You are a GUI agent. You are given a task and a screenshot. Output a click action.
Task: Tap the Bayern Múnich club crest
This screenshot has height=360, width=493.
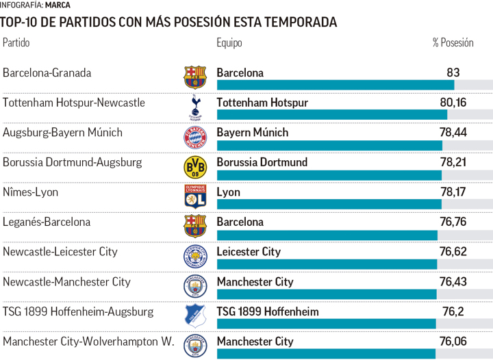click(x=195, y=137)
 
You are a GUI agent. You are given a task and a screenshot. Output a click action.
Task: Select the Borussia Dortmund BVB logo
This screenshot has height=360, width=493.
click(x=195, y=167)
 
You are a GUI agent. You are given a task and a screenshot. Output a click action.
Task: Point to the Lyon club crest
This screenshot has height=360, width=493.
click(x=195, y=196)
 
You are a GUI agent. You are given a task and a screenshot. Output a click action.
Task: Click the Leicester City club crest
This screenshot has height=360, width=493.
click(x=195, y=256)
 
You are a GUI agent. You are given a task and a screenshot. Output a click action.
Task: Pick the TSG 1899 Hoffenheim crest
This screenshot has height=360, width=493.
click(x=195, y=316)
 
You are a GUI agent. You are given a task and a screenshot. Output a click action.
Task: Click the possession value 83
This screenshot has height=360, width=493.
click(x=453, y=73)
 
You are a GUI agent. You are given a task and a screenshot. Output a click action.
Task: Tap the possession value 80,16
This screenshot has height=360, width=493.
click(x=453, y=103)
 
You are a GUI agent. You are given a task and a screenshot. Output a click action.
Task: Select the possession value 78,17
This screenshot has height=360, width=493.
click(x=453, y=192)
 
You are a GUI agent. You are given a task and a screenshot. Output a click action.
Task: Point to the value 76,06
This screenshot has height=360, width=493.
click(x=453, y=342)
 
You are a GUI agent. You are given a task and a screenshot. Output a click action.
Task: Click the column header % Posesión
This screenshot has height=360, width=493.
click(x=453, y=42)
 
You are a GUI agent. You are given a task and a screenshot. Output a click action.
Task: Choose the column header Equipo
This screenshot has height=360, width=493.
click(x=229, y=42)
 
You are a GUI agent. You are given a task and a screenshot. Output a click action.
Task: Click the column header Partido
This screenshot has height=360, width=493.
click(x=16, y=42)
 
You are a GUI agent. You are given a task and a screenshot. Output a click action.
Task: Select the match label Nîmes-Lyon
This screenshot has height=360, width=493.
click(x=30, y=192)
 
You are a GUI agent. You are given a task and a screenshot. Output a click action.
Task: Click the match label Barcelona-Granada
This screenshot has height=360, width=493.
click(x=47, y=73)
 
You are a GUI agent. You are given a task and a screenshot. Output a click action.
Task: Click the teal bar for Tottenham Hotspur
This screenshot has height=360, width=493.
click(x=331, y=115)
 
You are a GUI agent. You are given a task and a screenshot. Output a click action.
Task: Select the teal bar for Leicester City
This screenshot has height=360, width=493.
click(x=327, y=264)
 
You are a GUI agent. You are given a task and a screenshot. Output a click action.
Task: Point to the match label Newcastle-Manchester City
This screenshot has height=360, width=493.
click(x=66, y=281)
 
